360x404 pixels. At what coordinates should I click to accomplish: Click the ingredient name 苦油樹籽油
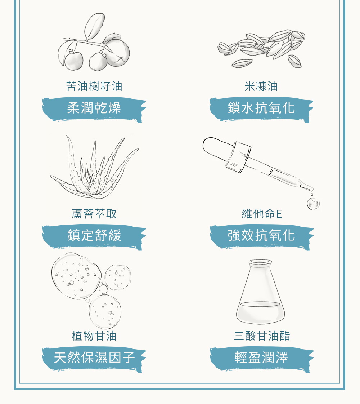pos(94,86)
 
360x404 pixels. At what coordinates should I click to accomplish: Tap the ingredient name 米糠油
pos(261,86)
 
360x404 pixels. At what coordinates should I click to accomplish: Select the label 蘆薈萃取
pos(94,214)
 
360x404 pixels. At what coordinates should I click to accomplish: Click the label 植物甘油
pos(94,336)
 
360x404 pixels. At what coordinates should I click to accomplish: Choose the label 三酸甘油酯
pos(262,336)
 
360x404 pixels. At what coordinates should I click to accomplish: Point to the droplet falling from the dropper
pos(313,204)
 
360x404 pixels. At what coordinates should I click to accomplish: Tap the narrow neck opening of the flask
pos(260,263)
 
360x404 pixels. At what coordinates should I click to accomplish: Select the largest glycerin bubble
pos(76,276)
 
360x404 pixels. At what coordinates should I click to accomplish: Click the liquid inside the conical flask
pos(260,312)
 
